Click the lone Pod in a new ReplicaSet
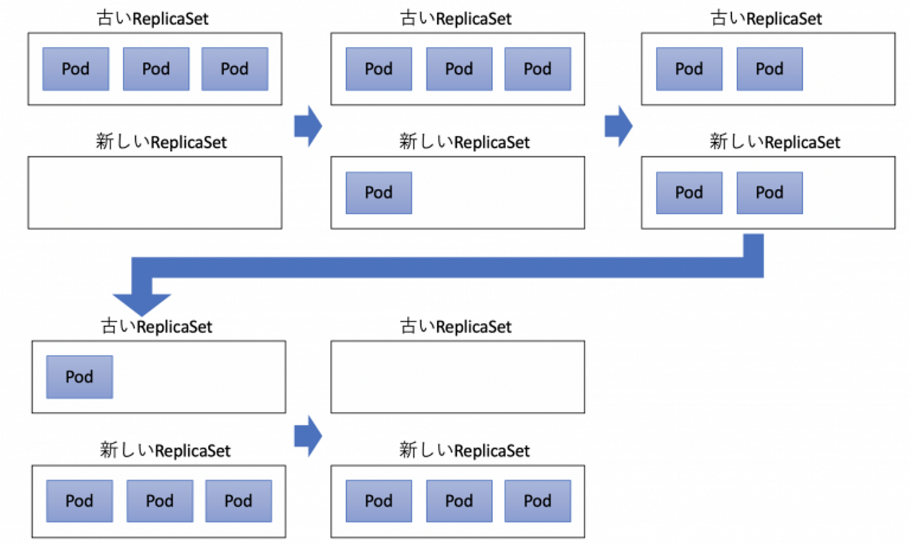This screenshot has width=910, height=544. click(379, 193)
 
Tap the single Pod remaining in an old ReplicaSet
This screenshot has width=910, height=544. click(80, 377)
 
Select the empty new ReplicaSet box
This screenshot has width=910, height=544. click(155, 193)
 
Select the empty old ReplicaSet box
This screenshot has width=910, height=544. click(458, 377)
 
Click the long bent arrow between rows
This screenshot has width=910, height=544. click(447, 267)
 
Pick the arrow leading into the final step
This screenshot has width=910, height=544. click(308, 436)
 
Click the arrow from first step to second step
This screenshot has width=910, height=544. click(308, 126)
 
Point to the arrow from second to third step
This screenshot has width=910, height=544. click(619, 126)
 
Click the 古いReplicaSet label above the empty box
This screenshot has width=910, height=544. click(456, 327)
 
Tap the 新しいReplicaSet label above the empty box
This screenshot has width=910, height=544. click(161, 142)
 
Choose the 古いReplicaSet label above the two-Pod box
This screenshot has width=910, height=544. click(766, 19)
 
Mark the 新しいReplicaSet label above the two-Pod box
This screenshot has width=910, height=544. click(775, 142)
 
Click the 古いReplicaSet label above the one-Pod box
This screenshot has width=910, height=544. click(157, 327)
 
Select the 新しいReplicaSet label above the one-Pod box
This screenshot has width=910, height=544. click(464, 142)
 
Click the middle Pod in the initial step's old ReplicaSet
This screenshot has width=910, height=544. click(156, 69)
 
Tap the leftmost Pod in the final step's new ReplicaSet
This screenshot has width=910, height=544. click(379, 501)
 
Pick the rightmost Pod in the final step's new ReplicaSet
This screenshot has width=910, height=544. click(537, 501)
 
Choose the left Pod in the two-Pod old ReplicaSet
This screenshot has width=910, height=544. click(689, 69)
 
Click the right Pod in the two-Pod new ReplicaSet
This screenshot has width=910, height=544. click(770, 193)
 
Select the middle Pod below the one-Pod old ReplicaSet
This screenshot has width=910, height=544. click(160, 501)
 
